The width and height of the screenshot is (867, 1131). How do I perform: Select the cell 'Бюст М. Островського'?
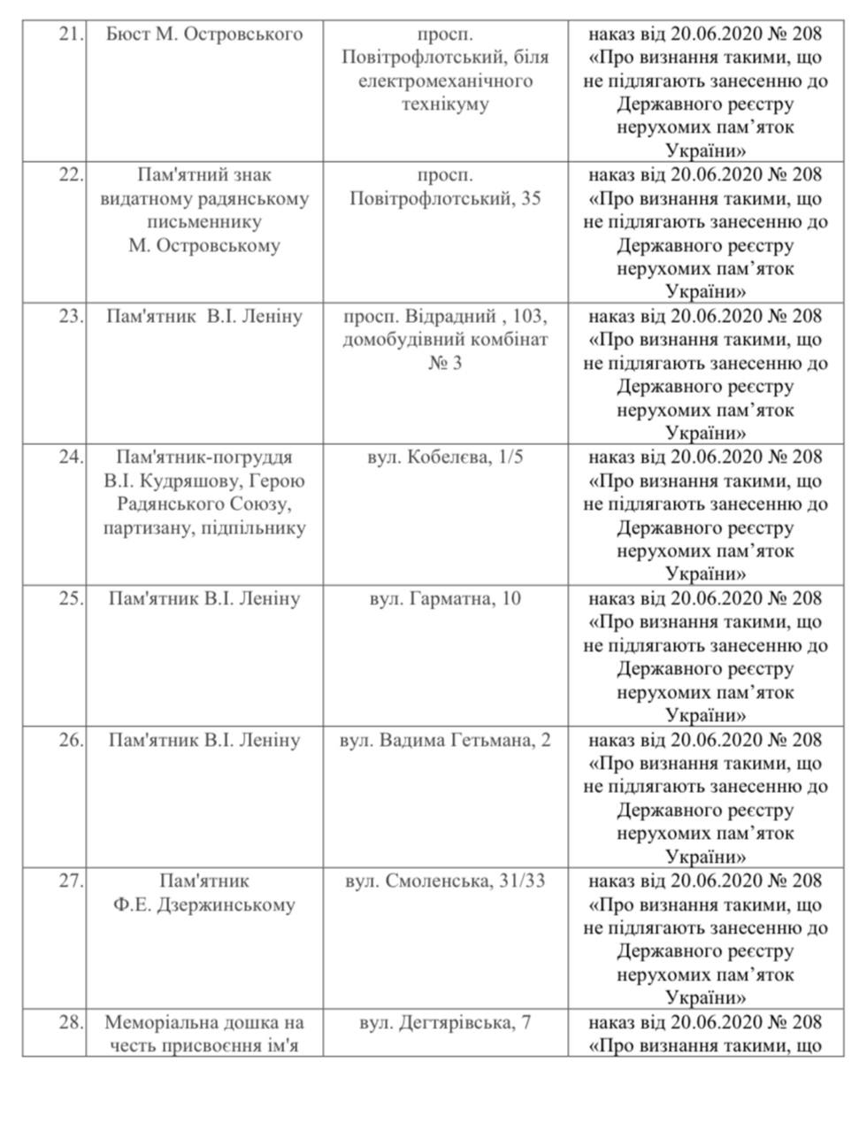pos(203,35)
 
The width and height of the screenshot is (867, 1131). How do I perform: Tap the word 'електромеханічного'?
pos(445,81)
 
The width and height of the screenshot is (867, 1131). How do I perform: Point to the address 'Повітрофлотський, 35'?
pos(445,198)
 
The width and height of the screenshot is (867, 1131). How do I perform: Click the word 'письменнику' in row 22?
pos(204,222)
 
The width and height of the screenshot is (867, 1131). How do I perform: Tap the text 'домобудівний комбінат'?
pos(445,340)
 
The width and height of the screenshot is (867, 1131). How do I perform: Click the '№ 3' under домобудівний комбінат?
pos(445,363)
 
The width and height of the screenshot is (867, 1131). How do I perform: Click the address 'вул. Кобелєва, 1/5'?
pos(445,458)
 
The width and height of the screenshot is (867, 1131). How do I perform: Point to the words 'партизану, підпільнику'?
pos(204,528)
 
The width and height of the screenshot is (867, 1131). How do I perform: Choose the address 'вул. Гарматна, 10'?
pos(445,599)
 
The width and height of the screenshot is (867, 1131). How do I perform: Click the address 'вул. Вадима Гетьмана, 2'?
pos(445,740)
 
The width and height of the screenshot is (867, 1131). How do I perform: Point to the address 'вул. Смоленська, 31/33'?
pos(445,881)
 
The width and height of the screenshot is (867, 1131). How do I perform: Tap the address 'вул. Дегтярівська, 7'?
pos(445,1023)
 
